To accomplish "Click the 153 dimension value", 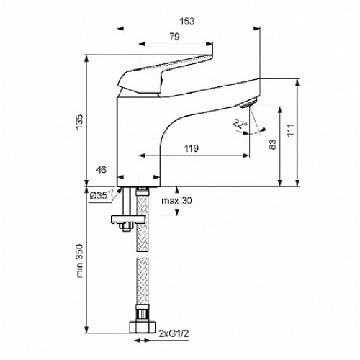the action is (x=187, y=22).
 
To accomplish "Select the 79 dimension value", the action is (x=174, y=37).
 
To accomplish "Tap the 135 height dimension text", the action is (x=80, y=122).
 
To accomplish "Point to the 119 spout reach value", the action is (x=192, y=148).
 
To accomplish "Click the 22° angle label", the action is (x=240, y=124).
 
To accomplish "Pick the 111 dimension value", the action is (x=291, y=130).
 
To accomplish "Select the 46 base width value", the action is (x=101, y=170).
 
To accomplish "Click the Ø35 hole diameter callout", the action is (x=102, y=195).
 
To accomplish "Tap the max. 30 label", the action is (x=176, y=200).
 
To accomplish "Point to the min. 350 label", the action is (x=80, y=261).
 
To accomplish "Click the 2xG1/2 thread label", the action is (x=174, y=333).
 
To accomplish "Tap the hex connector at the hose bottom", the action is (x=143, y=327).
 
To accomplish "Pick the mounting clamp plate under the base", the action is (x=128, y=219).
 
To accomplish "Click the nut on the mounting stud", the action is (x=126, y=227).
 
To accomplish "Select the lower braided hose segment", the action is (x=143, y=282).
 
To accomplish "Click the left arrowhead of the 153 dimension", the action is (x=121, y=28).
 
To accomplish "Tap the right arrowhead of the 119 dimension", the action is (x=246, y=156).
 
